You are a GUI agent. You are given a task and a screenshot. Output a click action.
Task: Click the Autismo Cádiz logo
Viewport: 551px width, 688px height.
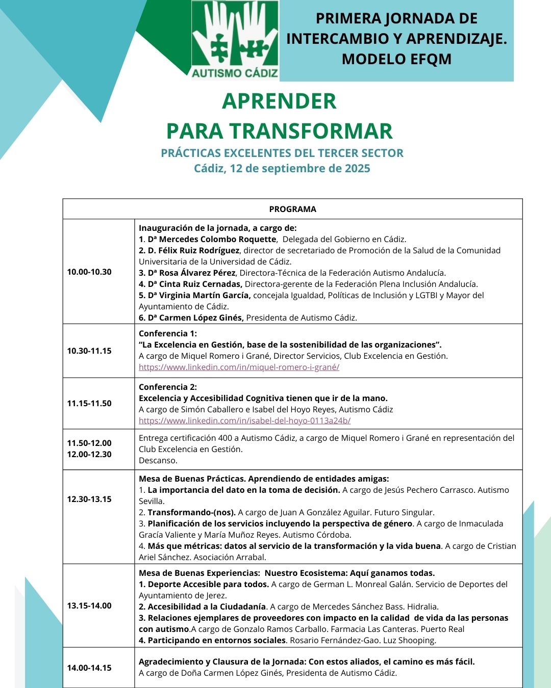coord(235,40)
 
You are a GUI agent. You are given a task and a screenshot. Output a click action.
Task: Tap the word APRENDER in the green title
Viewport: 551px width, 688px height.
coord(279,101)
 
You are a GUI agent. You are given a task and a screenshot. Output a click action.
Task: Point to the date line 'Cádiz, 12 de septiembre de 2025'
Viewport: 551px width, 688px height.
coord(282,168)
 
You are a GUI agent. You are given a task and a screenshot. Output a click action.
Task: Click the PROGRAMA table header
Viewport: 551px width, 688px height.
coord(292,209)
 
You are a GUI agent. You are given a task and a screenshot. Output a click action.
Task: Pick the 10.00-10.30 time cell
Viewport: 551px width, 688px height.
coord(89,272)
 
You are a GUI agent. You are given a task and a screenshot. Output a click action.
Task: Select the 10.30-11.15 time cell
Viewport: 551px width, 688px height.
coord(89,351)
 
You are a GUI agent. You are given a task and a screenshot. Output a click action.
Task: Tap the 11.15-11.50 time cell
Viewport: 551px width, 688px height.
coord(89,403)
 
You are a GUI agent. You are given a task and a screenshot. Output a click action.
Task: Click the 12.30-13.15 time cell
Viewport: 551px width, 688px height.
coord(89,499)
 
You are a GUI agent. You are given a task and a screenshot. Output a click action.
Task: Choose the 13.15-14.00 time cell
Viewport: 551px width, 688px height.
coord(89,605)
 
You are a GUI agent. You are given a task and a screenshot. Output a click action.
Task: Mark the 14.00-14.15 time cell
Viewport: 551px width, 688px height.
coord(89,668)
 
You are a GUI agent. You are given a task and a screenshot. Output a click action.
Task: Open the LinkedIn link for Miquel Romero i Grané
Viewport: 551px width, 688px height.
coord(239,367)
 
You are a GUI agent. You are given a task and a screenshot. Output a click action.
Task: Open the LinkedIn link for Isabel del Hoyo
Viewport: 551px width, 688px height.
coord(244,420)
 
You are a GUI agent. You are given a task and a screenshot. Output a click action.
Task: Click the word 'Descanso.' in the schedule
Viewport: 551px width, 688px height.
coord(158,460)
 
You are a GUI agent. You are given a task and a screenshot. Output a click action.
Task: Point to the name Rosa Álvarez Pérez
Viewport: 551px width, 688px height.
coord(197,273)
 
